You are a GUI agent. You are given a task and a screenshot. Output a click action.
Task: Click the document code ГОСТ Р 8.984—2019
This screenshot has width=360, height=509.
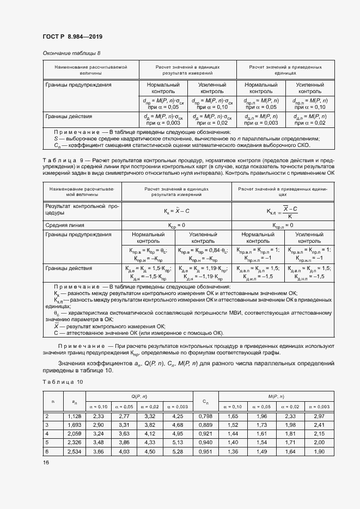[72, 37]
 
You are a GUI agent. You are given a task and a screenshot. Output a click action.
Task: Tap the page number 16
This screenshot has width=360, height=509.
[46, 462]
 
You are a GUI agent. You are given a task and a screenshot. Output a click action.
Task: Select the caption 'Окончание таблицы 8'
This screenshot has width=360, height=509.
[71, 53]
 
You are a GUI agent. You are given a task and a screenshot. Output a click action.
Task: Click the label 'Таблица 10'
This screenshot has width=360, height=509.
[63, 382]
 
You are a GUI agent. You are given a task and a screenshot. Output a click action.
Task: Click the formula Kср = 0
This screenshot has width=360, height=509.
[176, 225]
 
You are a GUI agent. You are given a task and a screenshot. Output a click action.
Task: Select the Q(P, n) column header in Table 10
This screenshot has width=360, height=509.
[139, 396]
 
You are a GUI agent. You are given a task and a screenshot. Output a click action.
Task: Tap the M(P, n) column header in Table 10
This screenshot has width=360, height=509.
[276, 396]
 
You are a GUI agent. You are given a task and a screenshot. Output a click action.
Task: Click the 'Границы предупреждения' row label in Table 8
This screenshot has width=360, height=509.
[78, 85]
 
